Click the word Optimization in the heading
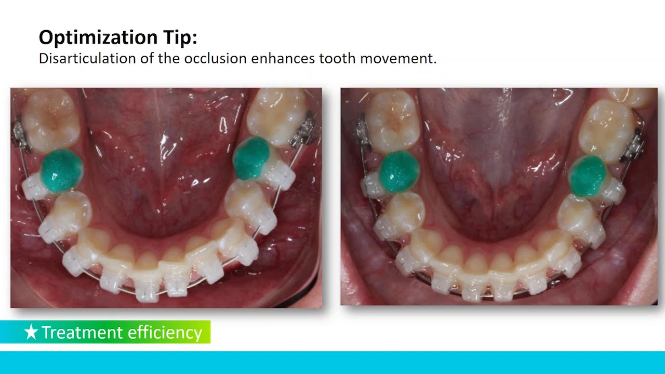(x=97, y=38)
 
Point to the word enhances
(x=283, y=58)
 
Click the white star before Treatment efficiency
(x=31, y=332)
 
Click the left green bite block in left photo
(x=61, y=170)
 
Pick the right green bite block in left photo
(x=251, y=159)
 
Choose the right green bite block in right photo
(x=587, y=177)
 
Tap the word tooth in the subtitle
(x=337, y=58)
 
